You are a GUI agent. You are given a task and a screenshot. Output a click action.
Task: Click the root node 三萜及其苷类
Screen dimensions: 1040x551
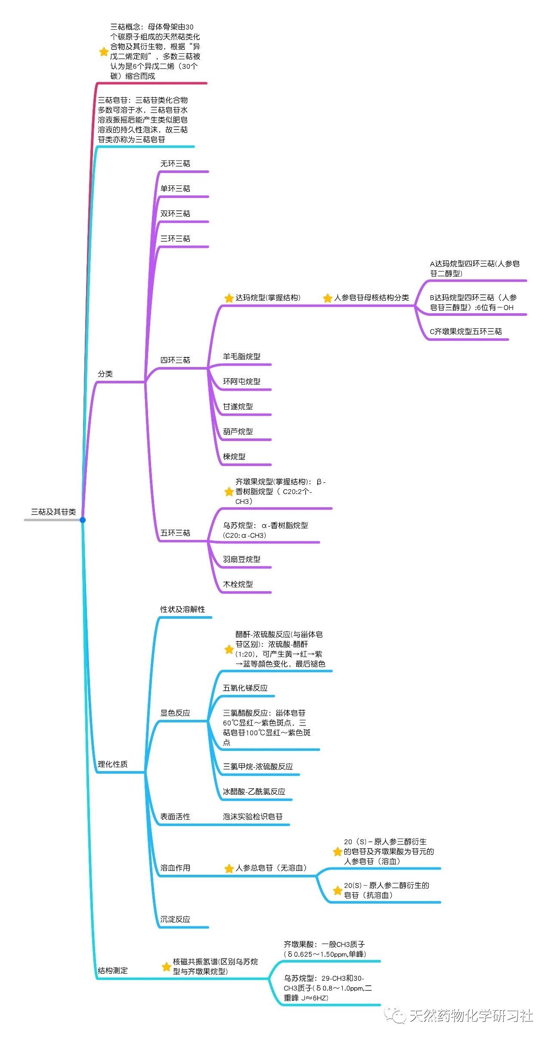[53, 512]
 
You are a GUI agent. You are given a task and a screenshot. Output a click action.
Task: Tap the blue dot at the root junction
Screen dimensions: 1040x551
[83, 520]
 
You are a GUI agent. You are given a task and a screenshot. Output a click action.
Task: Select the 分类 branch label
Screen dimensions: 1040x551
[105, 374]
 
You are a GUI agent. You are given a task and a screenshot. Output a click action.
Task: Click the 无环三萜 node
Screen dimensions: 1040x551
[175, 164]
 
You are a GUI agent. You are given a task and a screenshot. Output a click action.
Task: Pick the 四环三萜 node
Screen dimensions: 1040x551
[175, 360]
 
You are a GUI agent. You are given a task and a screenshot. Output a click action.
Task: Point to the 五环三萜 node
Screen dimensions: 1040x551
[175, 533]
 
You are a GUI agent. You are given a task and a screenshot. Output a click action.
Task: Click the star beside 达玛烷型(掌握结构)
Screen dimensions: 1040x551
[229, 298]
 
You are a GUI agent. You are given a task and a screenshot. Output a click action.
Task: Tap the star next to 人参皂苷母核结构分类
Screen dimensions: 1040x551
[328, 298]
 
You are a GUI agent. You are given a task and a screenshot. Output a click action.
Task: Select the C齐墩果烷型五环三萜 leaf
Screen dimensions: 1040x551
[466, 332]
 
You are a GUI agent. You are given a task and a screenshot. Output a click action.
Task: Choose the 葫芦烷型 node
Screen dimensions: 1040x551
[238, 432]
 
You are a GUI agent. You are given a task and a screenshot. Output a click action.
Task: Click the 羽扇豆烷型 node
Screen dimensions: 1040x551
[241, 559]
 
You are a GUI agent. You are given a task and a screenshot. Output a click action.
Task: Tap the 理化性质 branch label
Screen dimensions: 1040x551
[112, 764]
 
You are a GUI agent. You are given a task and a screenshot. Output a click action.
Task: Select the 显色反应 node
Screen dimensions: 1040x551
[175, 713]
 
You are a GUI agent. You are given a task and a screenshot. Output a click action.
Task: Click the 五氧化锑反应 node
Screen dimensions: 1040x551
[245, 688]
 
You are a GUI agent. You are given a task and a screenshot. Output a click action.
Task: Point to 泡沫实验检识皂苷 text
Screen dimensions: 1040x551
[253, 817]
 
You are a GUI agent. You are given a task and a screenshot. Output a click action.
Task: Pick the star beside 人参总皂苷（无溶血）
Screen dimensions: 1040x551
[229, 869]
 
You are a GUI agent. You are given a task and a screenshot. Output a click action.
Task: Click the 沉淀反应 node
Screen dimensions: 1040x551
[175, 920]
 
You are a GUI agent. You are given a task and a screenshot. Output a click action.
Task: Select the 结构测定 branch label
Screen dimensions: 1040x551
[112, 971]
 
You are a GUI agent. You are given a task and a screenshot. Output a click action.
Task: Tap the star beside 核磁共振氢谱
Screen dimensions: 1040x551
[166, 966]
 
